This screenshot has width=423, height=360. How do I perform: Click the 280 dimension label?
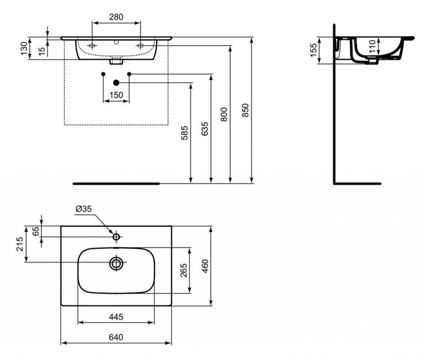pyautogui.click(x=116, y=17)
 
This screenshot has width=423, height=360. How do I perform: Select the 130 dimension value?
pyautogui.click(x=24, y=48)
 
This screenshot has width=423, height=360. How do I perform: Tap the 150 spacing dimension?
pyautogui.click(x=116, y=95)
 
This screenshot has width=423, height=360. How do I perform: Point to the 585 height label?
pyautogui.click(x=184, y=133)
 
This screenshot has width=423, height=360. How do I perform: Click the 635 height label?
pyautogui.click(x=205, y=129)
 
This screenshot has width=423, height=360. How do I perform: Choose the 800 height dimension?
pyautogui.click(x=224, y=114)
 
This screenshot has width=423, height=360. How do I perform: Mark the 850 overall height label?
pyautogui.click(x=245, y=110)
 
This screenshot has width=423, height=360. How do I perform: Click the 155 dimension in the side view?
pyautogui.click(x=314, y=50)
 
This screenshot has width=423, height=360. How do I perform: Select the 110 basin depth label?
pyautogui.click(x=372, y=46)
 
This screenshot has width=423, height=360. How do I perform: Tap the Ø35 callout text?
pyautogui.click(x=83, y=209)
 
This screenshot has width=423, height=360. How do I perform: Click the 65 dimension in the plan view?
pyautogui.click(x=36, y=231)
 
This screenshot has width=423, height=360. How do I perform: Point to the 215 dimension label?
pyautogui.click(x=20, y=244)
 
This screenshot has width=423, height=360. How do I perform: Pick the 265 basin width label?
pyautogui.click(x=183, y=270)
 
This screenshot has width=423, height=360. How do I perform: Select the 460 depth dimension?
pyautogui.click(x=205, y=266)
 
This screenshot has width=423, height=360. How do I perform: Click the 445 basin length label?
pyautogui.click(x=116, y=317)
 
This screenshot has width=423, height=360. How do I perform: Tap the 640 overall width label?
pyautogui.click(x=116, y=337)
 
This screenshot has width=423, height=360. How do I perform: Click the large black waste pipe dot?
pyautogui.click(x=116, y=83)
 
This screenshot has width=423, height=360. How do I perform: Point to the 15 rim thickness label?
pyautogui.click(x=42, y=51)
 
